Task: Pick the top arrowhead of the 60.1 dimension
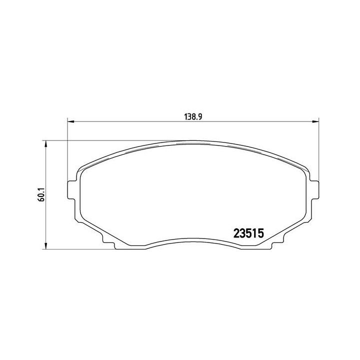click(46, 144)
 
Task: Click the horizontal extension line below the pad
click(80, 248)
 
